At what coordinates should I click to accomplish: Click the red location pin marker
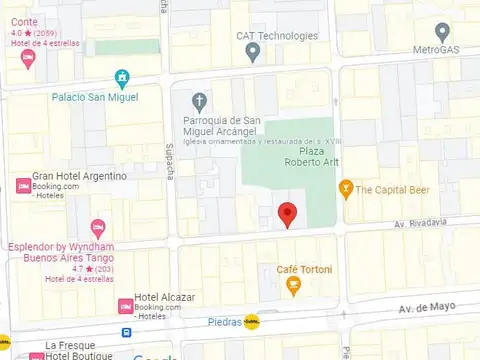pyautogui.click(x=287, y=214)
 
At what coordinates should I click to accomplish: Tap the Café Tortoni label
pyautogui.click(x=304, y=270)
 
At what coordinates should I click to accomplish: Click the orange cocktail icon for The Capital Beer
pyautogui.click(x=346, y=188)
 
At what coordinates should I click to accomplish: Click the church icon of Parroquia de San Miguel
pyautogui.click(x=199, y=101)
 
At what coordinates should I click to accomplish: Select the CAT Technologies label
pyautogui.click(x=276, y=36)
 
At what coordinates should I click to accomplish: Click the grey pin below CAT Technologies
pyautogui.click(x=253, y=51)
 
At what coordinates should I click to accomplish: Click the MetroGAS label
pyautogui.click(x=441, y=49)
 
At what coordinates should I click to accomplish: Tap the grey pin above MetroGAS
pyautogui.click(x=443, y=31)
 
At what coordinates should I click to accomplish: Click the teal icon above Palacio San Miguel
pyautogui.click(x=122, y=77)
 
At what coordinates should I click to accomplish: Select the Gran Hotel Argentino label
pyautogui.click(x=80, y=176)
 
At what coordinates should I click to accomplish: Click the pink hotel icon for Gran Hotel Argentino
pyautogui.click(x=22, y=184)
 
